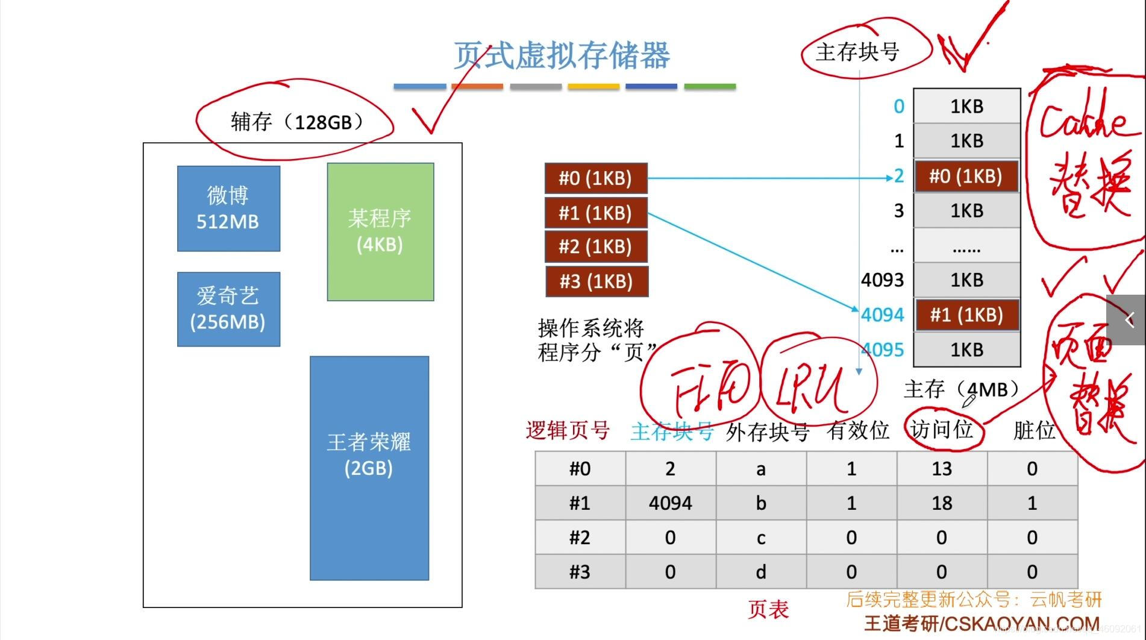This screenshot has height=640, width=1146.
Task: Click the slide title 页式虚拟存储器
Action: click(561, 55)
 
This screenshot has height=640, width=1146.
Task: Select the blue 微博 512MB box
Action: click(228, 209)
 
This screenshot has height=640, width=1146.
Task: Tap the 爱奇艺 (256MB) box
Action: click(228, 309)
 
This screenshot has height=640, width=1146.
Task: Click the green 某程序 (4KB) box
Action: click(380, 231)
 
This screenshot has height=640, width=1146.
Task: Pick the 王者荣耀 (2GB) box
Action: click(369, 468)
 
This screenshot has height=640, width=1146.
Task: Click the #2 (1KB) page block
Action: click(595, 247)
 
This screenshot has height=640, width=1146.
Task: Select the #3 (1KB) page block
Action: click(596, 281)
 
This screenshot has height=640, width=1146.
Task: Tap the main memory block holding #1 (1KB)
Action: click(966, 315)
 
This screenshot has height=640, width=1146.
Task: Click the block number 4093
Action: click(882, 280)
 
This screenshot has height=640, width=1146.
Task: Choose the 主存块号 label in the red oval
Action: click(857, 52)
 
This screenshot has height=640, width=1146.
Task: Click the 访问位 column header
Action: click(942, 430)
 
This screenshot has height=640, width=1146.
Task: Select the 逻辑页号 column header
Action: click(568, 430)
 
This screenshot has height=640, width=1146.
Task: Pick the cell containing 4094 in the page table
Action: click(670, 503)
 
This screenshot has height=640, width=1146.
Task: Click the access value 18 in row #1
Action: click(942, 503)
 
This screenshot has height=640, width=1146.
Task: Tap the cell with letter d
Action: click(761, 571)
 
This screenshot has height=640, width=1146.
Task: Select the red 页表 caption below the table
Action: click(768, 609)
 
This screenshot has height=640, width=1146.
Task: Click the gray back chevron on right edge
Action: click(1129, 320)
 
